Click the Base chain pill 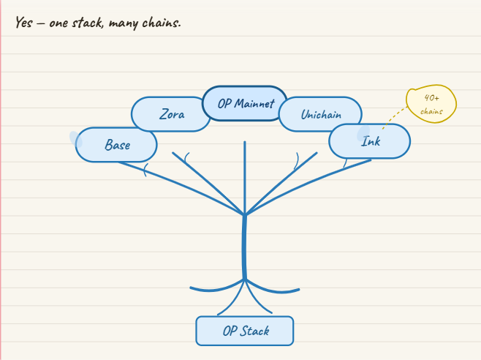pyautogui.click(x=116, y=144)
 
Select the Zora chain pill pyautogui.click(x=170, y=114)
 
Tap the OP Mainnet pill pyautogui.click(x=245, y=103)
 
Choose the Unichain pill pyautogui.click(x=320, y=114)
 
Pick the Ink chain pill pyautogui.click(x=370, y=141)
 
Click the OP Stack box pyautogui.click(x=245, y=331)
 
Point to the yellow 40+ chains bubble pyautogui.click(x=431, y=104)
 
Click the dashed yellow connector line pyautogui.click(x=395, y=116)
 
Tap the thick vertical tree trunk pyautogui.click(x=244, y=247)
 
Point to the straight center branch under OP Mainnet pyautogui.click(x=245, y=178)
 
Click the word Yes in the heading pyautogui.click(x=24, y=22)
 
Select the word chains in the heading pyautogui.click(x=162, y=23)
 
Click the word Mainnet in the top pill pyautogui.click(x=254, y=103)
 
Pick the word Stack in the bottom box pyautogui.click(x=254, y=331)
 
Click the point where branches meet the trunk pyautogui.click(x=245, y=214)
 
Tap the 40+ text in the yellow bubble pyautogui.click(x=431, y=98)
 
